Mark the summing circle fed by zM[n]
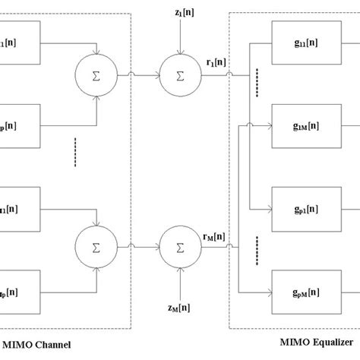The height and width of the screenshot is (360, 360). (179, 246)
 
